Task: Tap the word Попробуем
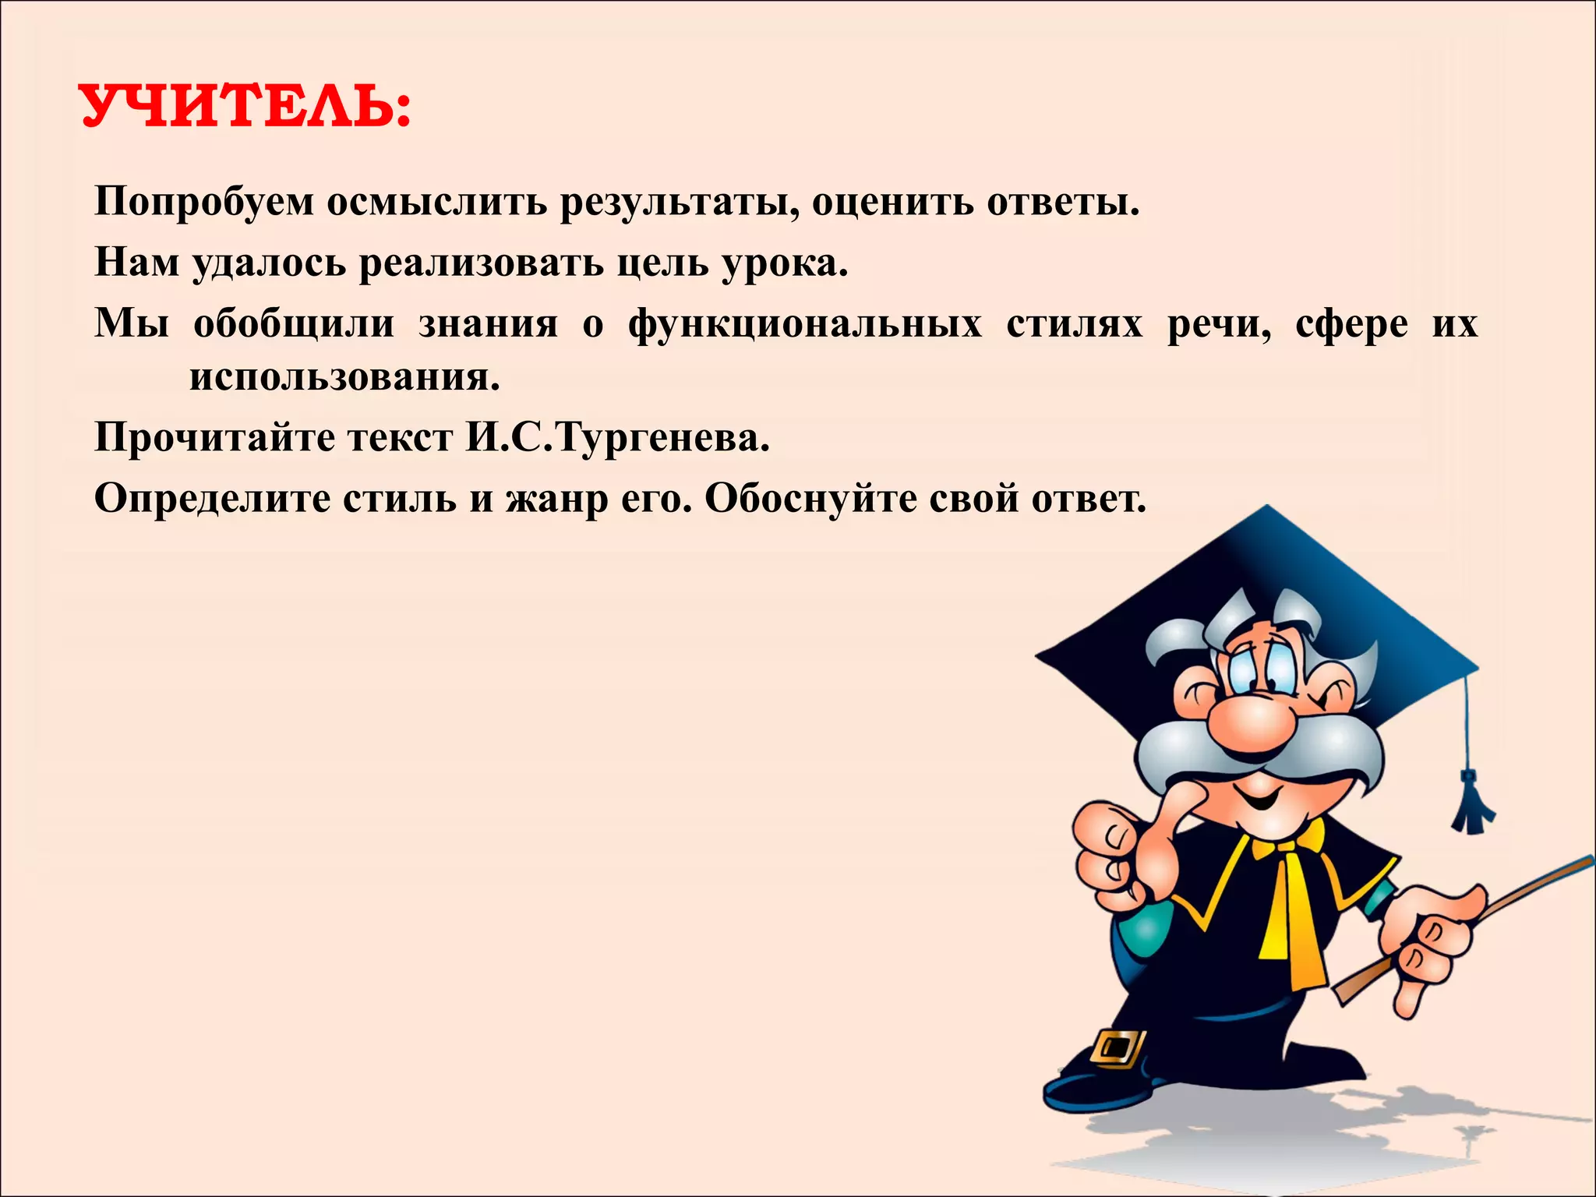[204, 202]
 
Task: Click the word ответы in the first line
[1062, 202]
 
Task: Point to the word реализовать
[481, 263]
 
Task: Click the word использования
[344, 377]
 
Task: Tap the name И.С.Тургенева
[618, 437]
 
